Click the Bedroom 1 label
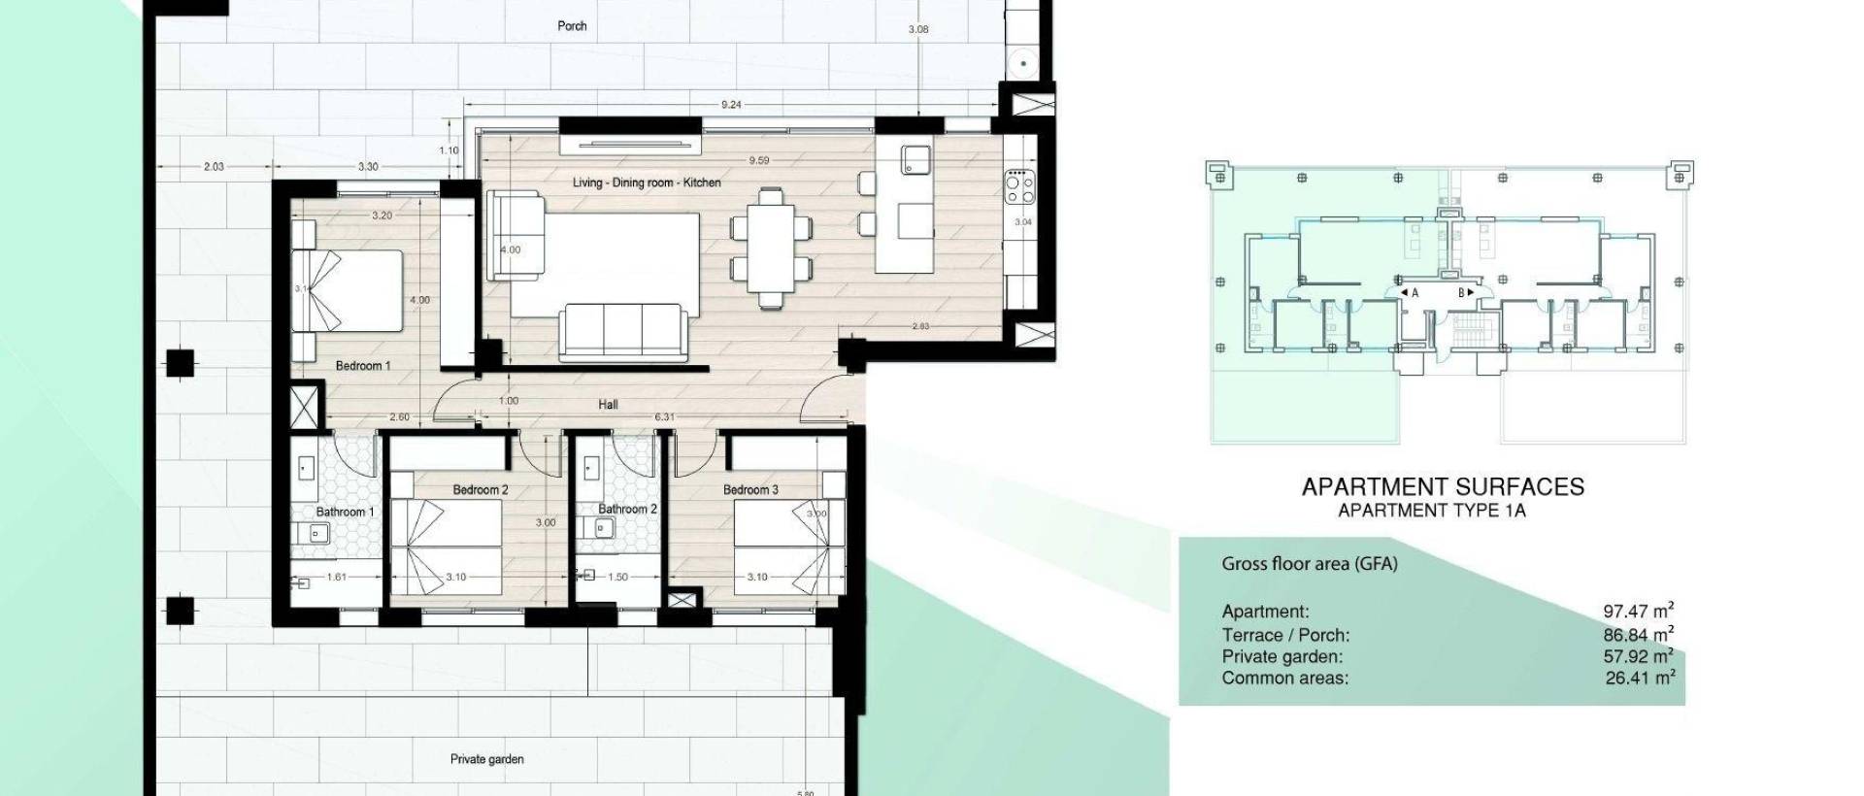coord(363,366)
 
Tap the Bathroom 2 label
coord(627,509)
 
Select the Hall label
coord(608,404)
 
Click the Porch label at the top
coord(572,26)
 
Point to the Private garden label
coord(486,759)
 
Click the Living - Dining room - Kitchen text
coord(646,182)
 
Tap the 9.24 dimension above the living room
coord(731,105)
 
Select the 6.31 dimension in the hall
coord(664,417)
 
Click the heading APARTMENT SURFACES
coord(1443,486)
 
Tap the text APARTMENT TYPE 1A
coord(1431,511)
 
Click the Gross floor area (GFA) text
coord(1309,563)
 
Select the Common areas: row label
coord(1284,678)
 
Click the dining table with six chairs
coord(771,248)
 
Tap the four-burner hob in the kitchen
coord(1018,186)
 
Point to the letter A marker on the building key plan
coord(1414,292)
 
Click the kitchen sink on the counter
coord(915,160)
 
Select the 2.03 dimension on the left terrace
coord(214,167)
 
